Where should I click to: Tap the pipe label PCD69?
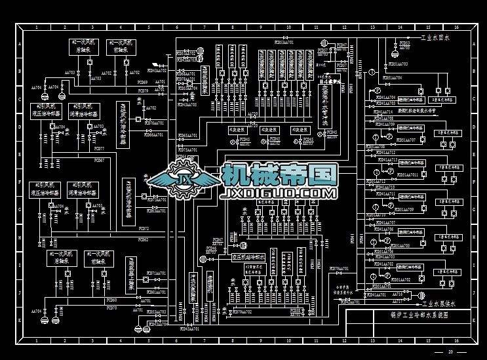tap(142, 83)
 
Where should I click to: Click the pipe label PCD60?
tap(112, 300)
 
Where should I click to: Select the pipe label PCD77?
tap(99, 159)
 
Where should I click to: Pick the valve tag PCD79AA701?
tap(337, 269)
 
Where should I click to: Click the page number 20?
tap(450, 353)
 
